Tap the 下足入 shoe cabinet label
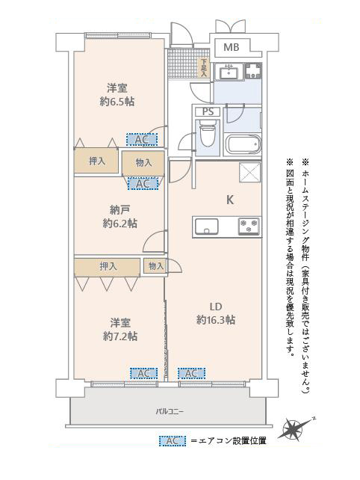[x=203, y=68]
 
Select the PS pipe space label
[x=208, y=112]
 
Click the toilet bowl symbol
[x=207, y=138]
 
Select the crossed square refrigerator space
[x=249, y=173]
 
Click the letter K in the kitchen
[x=231, y=200]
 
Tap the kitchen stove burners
[x=248, y=226]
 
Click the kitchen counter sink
[x=208, y=226]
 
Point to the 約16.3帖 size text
[x=216, y=319]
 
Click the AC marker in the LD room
[x=191, y=373]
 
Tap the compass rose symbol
[x=295, y=429]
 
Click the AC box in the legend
[x=173, y=440]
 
